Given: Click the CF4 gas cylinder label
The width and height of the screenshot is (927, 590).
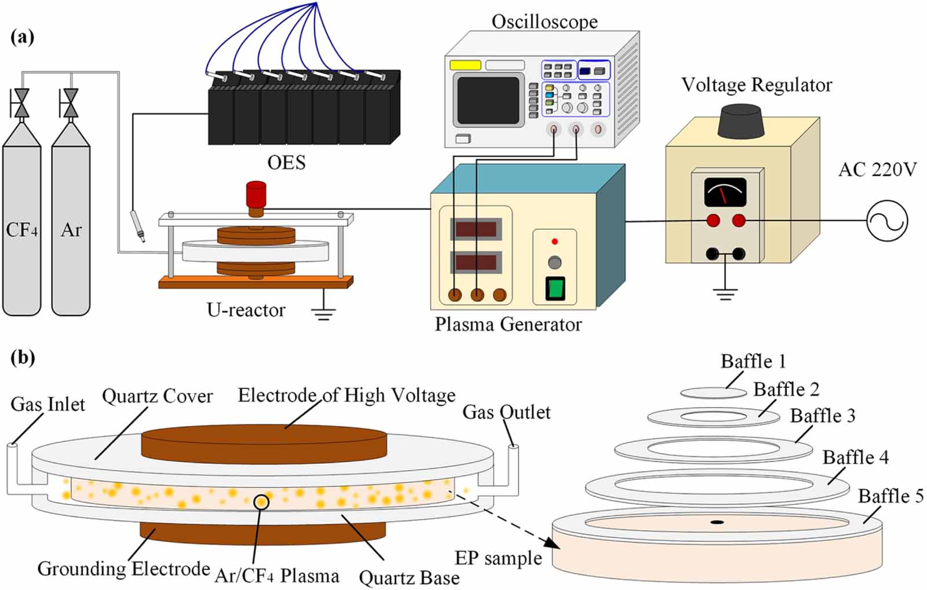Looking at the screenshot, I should point(21,230).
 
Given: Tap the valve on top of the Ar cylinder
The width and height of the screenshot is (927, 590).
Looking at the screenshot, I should point(71,104).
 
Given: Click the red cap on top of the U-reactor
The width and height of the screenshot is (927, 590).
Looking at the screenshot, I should point(256,195).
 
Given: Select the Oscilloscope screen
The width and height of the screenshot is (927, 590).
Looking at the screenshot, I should point(488,100).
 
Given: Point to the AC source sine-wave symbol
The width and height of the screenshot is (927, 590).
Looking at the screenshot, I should point(887,221).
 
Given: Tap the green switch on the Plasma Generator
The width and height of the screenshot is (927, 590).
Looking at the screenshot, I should point(555,289).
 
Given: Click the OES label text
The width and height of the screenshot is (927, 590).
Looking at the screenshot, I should point(286,163).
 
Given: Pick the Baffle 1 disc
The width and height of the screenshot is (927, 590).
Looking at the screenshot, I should point(713,393).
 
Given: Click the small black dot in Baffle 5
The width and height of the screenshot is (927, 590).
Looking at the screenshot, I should point(717,522).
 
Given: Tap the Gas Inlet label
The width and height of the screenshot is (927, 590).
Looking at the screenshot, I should point(48,404).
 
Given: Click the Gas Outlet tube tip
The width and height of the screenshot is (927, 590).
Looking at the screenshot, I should point(513,448).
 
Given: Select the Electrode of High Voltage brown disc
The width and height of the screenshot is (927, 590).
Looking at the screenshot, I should point(264,442).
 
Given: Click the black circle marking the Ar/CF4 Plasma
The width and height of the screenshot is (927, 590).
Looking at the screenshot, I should point(261,501).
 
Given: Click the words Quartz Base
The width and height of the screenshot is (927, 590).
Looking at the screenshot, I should point(409,577).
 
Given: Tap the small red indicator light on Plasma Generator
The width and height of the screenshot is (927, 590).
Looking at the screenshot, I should point(554,241).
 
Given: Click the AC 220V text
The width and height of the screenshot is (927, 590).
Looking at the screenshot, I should point(877,170).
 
